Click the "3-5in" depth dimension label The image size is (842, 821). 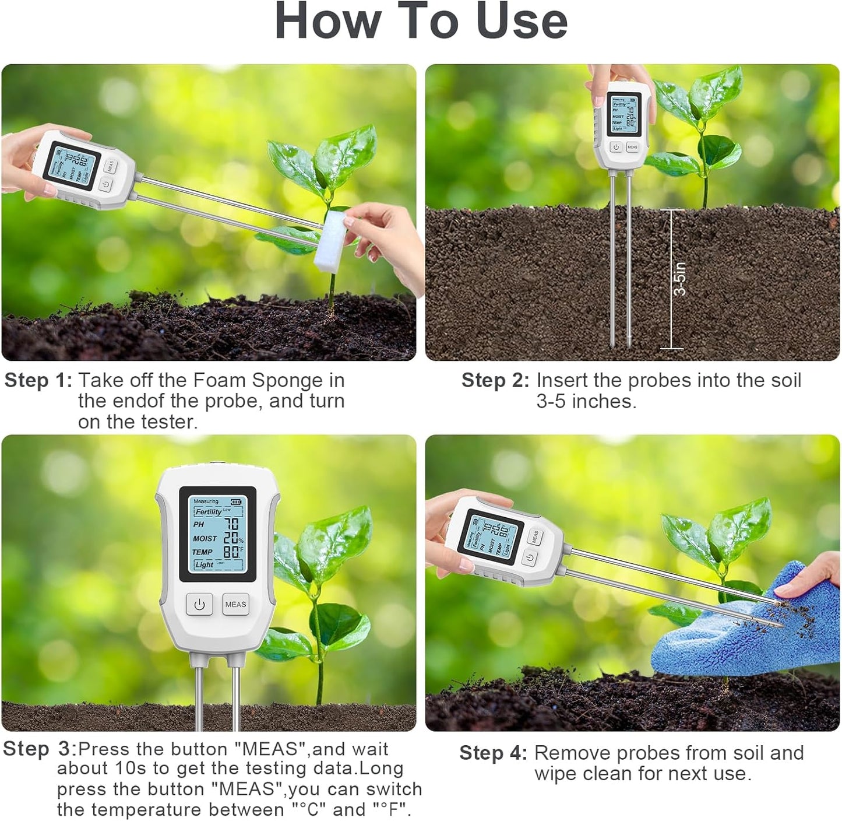(x=679, y=279)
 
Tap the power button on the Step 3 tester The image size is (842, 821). (x=199, y=605)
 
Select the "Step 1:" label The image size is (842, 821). (x=38, y=381)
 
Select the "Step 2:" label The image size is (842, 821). (x=495, y=381)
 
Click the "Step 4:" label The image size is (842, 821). (x=493, y=753)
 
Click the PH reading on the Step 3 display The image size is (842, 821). (x=231, y=524)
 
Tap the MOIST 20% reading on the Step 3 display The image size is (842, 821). (x=232, y=538)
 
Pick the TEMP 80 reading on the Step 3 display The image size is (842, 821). (x=232, y=552)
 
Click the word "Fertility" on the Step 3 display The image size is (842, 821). (x=208, y=511)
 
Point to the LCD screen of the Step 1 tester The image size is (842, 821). (x=72, y=166)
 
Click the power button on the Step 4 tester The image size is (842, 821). (x=529, y=558)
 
